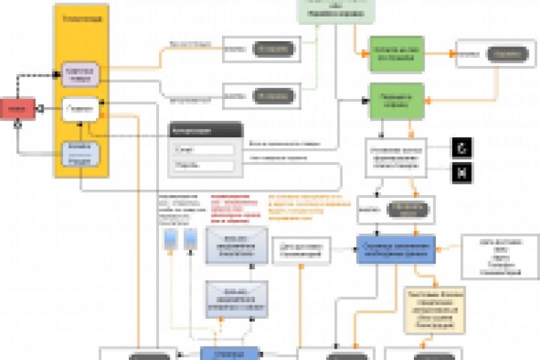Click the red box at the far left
(16, 109)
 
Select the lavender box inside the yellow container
(80, 73)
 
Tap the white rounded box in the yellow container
(80, 109)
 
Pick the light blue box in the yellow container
(80, 154)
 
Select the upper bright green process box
(396, 53)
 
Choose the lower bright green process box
(396, 100)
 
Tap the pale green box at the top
(332, 10)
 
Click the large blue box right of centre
(395, 249)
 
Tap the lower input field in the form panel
(204, 166)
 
